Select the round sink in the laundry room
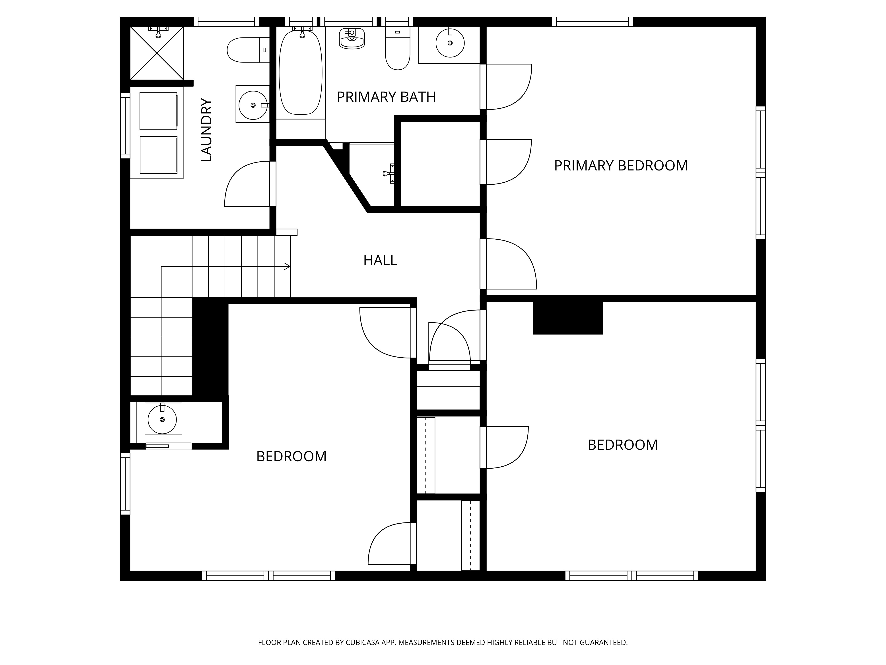tap(253, 105)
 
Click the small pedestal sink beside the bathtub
tap(352, 39)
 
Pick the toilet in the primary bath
tap(397, 49)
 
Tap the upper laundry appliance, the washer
tap(158, 111)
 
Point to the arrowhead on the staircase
tap(287, 266)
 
